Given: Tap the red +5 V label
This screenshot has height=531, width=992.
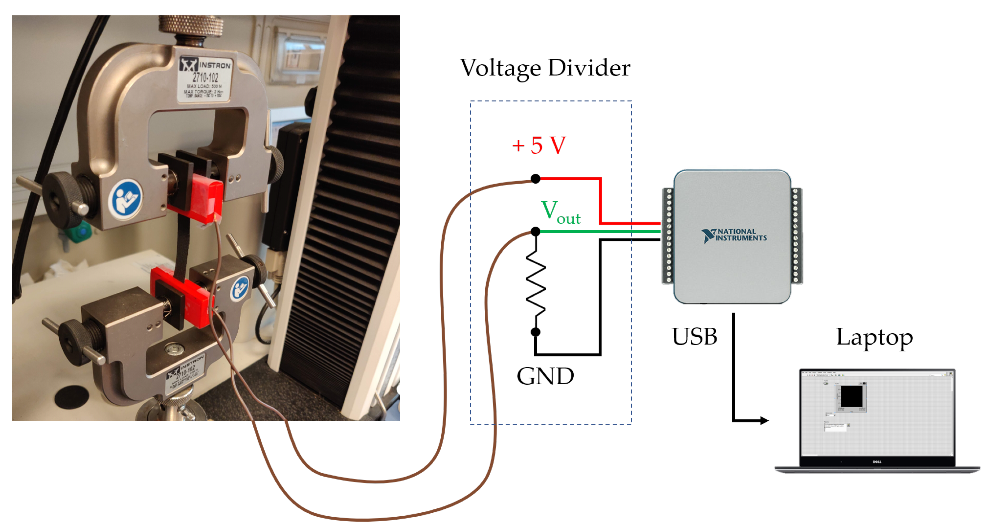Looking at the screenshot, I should (x=539, y=145).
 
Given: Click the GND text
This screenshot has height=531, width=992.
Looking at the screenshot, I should (x=545, y=376).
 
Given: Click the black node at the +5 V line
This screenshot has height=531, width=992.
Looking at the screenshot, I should (x=535, y=179).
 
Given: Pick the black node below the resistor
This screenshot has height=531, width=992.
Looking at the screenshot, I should (x=535, y=332).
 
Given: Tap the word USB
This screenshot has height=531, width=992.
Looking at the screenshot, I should (x=694, y=337).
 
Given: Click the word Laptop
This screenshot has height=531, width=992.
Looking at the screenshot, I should (x=874, y=337).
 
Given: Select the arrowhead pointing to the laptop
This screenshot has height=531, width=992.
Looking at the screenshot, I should (x=764, y=420).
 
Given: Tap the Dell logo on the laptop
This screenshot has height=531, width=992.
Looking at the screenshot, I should (x=877, y=462).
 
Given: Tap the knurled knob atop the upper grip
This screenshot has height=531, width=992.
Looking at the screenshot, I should (x=191, y=25).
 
